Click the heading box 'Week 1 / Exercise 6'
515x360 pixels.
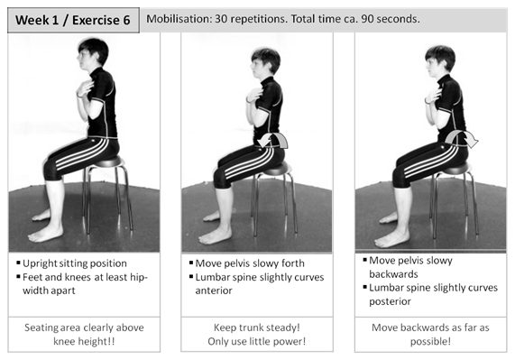[73, 20]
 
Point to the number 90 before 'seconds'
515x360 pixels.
[367, 19]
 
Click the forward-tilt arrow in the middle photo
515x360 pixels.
[272, 140]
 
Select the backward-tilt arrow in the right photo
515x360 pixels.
[462, 137]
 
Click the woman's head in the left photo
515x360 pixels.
[92, 53]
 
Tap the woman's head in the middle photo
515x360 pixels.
[265, 62]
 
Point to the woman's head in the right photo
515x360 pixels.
[439, 60]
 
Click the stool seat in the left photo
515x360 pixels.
[107, 162]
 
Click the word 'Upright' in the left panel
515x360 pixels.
[41, 263]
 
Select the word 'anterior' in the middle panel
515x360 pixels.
[214, 291]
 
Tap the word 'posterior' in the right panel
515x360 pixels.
[390, 301]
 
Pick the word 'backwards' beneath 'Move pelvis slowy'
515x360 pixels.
[394, 274]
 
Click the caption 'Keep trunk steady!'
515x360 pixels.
[257, 328]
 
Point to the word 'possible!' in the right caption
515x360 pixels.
[430, 342]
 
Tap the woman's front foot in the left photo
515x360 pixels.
[46, 234]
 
